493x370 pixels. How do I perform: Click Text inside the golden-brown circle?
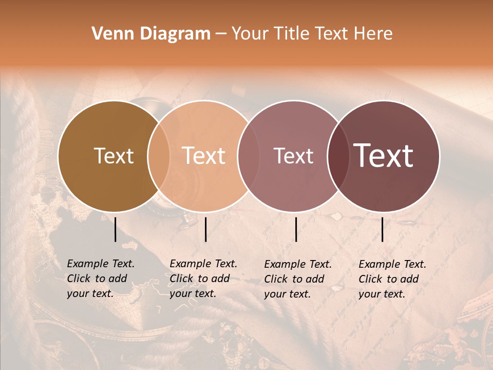pos(113,156)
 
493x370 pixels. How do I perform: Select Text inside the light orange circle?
pos(204,156)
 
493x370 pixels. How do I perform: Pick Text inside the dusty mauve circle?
pos(293,156)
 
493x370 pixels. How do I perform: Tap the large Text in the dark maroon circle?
pos(384,156)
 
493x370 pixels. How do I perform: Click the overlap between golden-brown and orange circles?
pos(159,156)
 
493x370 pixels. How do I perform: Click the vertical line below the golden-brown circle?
pos(116,229)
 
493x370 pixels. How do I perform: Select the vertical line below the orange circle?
pos(206,229)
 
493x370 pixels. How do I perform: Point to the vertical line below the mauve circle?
pos(296,229)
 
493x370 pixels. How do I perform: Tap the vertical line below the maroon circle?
pos(383,229)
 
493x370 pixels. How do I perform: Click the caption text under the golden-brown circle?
pos(101,279)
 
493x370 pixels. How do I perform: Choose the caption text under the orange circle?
pos(203,279)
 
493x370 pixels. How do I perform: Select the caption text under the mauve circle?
pos(298,279)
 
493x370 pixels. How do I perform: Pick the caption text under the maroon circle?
pos(392,279)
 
